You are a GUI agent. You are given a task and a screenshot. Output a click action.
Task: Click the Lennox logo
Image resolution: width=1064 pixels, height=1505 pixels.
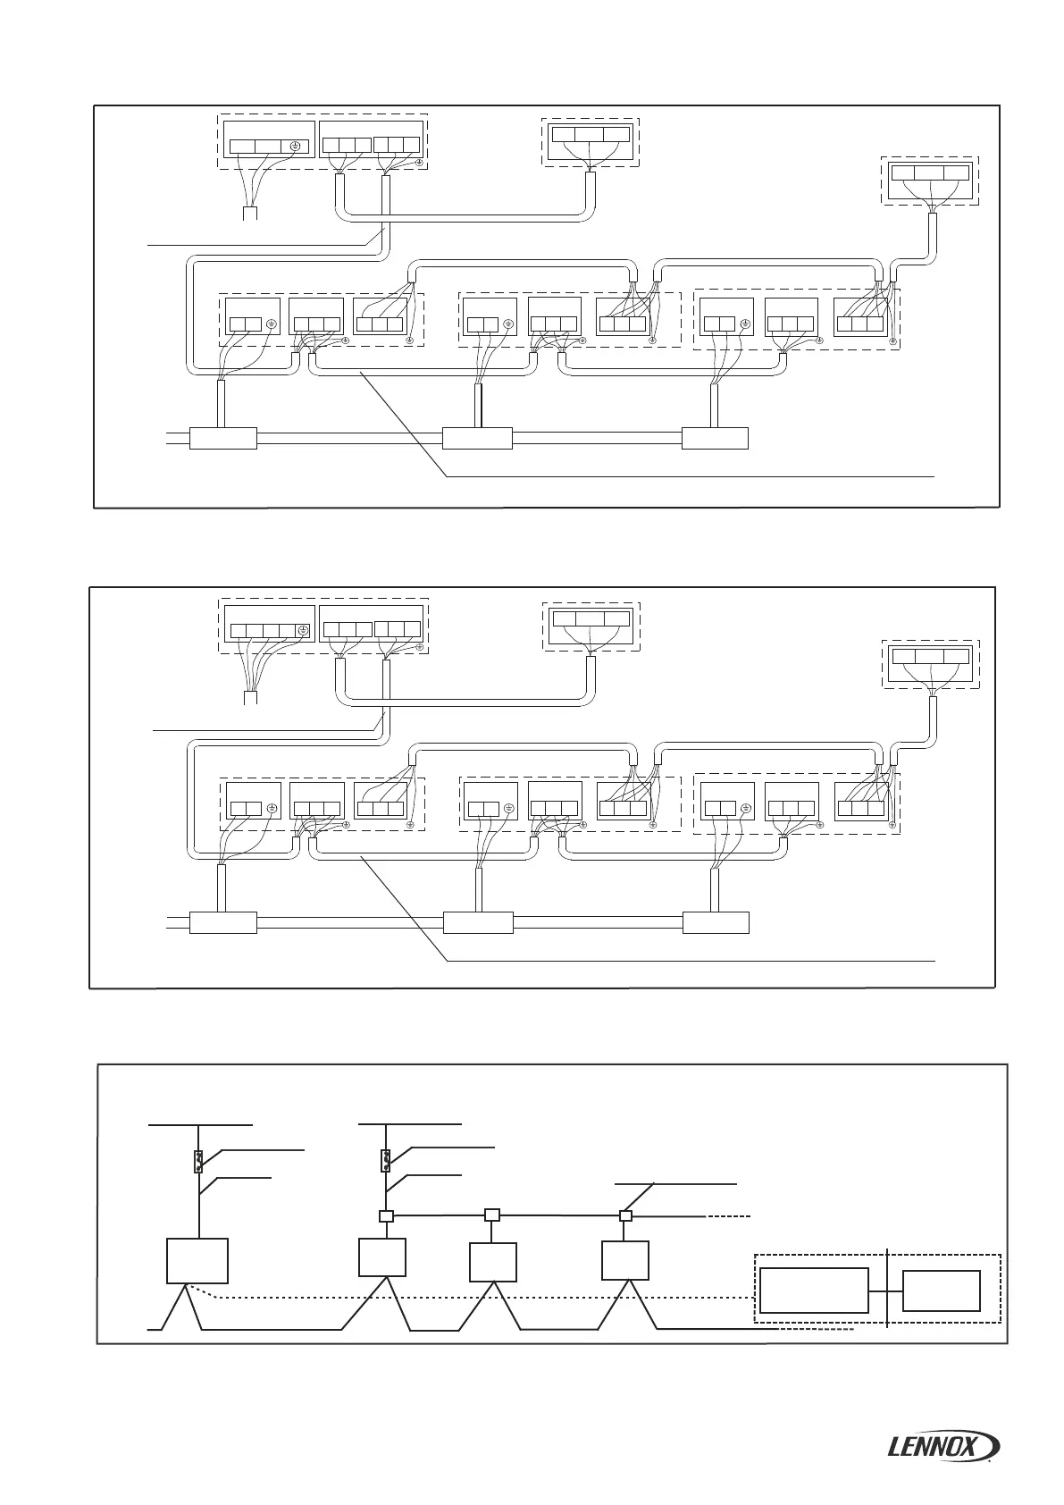pos(944,1445)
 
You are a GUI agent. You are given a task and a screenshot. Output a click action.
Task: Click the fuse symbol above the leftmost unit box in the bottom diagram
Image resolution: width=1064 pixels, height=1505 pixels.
pos(199,1161)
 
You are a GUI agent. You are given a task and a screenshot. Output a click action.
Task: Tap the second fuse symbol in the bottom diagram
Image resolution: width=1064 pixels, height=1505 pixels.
pos(387,1160)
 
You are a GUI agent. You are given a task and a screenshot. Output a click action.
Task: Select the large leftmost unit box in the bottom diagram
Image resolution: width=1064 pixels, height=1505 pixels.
pos(197,1260)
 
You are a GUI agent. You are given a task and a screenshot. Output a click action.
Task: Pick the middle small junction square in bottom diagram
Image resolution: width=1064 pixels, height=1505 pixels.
pos(491,1215)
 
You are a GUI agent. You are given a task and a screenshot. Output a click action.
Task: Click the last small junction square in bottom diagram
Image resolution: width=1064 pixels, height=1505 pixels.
pos(625,1215)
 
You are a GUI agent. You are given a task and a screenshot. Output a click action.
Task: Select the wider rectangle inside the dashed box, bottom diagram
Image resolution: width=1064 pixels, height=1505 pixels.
pos(813,1290)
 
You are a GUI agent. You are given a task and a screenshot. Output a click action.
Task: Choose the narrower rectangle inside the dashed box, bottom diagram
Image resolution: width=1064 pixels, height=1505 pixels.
pos(941,1290)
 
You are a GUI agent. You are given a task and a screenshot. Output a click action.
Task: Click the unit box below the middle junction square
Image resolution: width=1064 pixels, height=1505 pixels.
pos(492,1261)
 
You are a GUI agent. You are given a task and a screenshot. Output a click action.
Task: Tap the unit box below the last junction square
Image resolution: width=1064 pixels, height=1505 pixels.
pos(624,1260)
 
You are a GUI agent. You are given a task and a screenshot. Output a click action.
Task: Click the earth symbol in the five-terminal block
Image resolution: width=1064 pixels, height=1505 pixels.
pos(303,631)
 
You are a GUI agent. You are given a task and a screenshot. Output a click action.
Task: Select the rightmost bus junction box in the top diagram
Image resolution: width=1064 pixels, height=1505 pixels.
pos(715,438)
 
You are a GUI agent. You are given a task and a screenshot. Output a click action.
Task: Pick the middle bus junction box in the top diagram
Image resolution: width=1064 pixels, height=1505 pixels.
pos(477,438)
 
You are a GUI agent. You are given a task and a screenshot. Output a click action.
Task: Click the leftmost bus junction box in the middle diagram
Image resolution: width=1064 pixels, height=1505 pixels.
pos(223,921)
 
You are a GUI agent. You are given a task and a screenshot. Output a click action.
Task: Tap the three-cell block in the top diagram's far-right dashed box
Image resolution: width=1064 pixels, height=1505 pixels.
pos(930,173)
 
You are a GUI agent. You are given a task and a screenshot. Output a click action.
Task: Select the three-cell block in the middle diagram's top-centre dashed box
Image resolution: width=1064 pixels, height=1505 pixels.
pos(591,618)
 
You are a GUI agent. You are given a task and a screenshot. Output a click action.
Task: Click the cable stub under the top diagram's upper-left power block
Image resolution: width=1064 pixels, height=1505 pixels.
pos(251,213)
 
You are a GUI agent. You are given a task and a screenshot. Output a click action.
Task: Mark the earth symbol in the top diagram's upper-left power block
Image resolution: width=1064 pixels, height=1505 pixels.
pos(297,147)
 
